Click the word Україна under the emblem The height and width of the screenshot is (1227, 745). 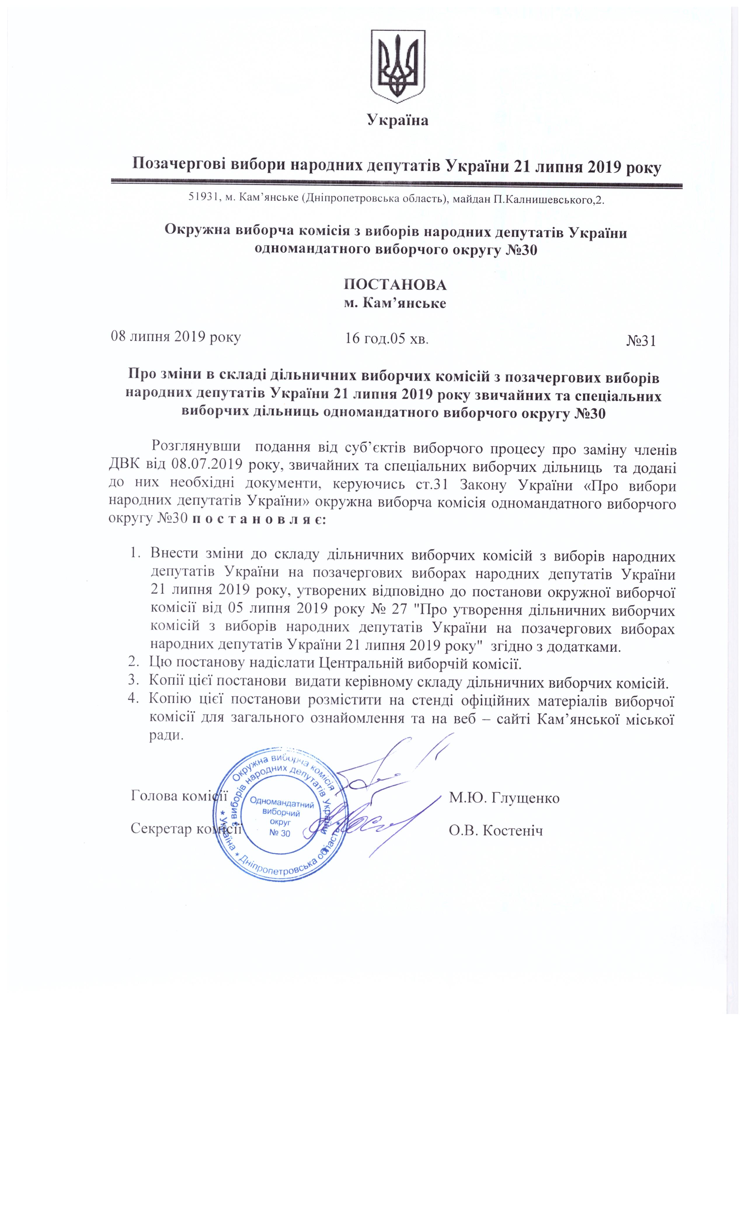(x=397, y=120)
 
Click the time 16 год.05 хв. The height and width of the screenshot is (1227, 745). (x=387, y=339)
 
